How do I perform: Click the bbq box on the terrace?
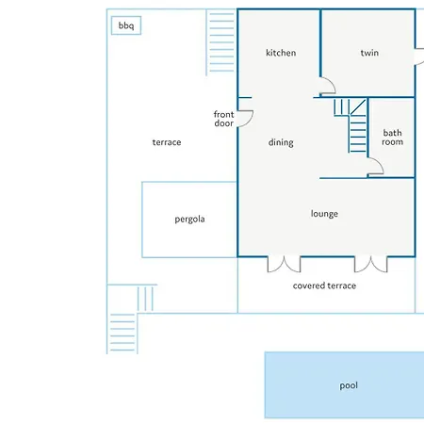pyautogui.click(x=126, y=25)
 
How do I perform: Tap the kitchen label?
pyautogui.click(x=281, y=53)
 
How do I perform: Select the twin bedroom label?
pyautogui.click(x=369, y=53)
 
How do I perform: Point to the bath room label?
pyautogui.click(x=392, y=138)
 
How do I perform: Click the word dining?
pyautogui.click(x=281, y=142)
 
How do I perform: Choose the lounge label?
pyautogui.click(x=324, y=214)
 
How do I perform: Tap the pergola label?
pyautogui.click(x=189, y=219)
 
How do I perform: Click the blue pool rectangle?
pyautogui.click(x=344, y=385)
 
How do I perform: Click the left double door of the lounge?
pyautogui.click(x=284, y=265)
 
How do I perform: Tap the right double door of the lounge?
pyautogui.click(x=371, y=265)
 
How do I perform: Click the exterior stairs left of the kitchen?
pyautogui.click(x=220, y=42)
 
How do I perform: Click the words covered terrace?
pyautogui.click(x=324, y=285)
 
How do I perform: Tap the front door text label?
pyautogui.click(x=224, y=119)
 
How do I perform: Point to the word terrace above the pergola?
pyautogui.click(x=167, y=142)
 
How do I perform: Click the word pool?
pyautogui.click(x=349, y=385)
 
